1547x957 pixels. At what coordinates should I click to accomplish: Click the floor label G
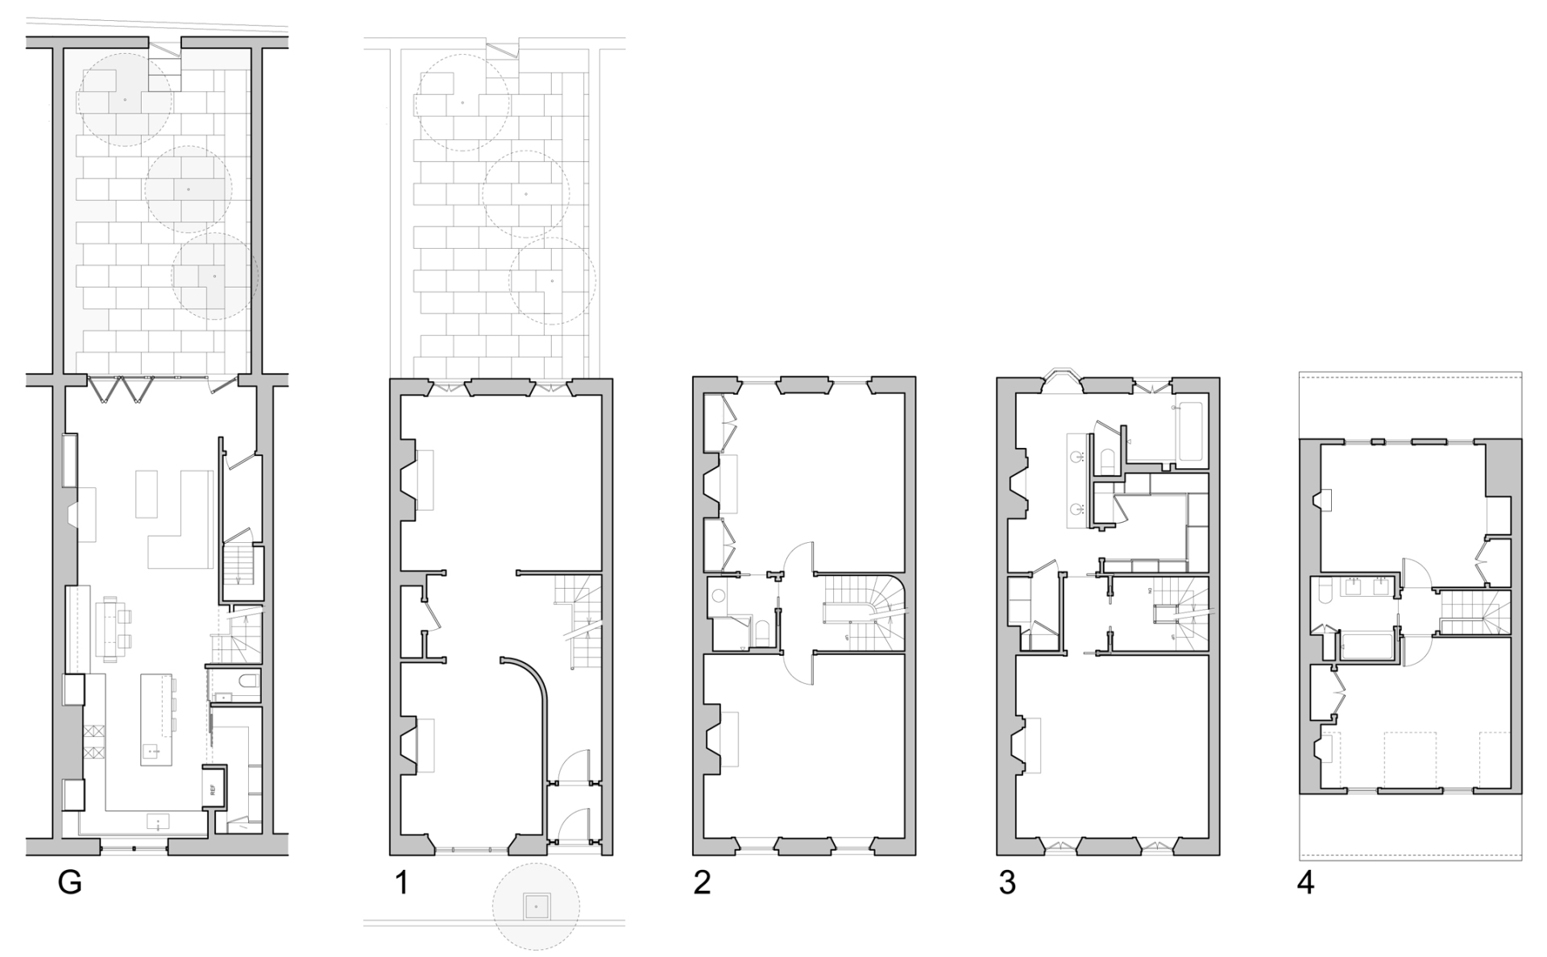click(70, 884)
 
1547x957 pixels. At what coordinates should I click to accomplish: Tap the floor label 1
click(400, 884)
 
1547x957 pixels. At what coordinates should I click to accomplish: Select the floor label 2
click(702, 884)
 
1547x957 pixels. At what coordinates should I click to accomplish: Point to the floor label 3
click(1007, 884)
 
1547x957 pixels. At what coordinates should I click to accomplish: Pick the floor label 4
click(1305, 884)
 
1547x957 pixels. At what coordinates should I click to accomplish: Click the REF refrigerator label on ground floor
click(214, 790)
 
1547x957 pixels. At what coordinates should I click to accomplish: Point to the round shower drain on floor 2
click(720, 597)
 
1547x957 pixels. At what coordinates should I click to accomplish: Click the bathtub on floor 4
click(1367, 647)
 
